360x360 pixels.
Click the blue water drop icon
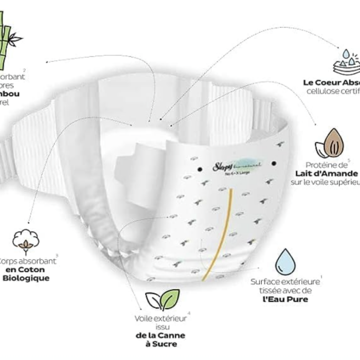pos(285,262)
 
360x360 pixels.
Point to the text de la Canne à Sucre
pos(161,340)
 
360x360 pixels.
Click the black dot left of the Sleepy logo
pos(199,169)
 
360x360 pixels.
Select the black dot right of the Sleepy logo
pos(274,164)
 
